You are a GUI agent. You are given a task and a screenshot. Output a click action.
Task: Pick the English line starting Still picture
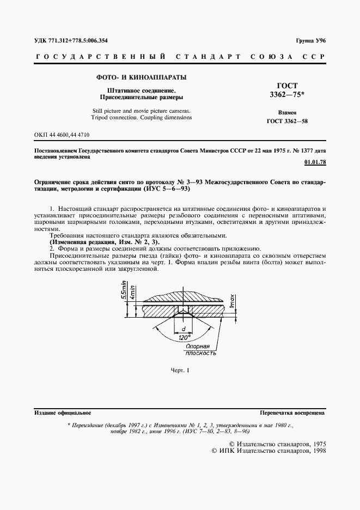(141, 111)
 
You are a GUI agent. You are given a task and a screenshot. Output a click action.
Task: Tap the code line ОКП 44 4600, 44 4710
(62, 134)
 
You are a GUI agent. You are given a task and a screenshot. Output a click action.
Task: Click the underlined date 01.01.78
(314, 162)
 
